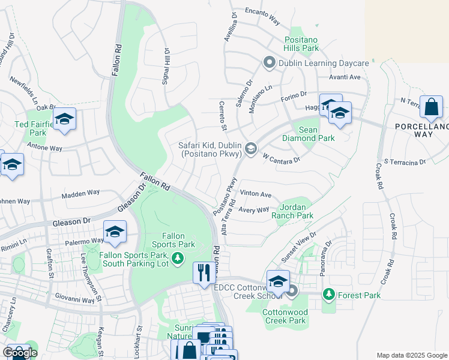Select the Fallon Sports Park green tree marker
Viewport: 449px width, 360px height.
point(177,259)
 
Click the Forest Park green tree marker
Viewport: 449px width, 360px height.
point(328,294)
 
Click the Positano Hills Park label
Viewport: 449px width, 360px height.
point(309,44)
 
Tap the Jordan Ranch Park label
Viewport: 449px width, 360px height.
point(292,211)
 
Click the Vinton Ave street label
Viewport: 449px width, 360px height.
point(256,194)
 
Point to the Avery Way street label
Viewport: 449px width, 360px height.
point(253,209)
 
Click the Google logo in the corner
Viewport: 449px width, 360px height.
point(20,353)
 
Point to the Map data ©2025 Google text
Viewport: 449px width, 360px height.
point(412,355)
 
